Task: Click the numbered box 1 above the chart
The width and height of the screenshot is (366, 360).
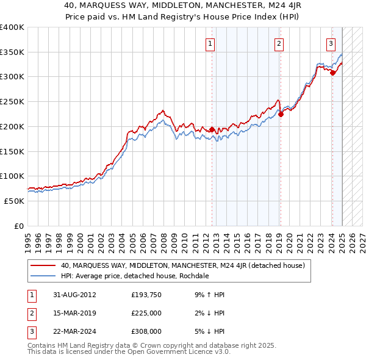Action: [210, 43]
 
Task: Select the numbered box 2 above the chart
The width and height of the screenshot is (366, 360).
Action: [279, 43]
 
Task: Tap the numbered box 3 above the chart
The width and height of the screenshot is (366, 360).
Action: [331, 43]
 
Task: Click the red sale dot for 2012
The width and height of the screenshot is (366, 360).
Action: [212, 130]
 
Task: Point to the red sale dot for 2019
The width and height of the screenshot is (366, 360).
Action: [281, 114]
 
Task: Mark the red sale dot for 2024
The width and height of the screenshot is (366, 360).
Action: [333, 73]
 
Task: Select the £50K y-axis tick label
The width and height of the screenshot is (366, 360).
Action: [15, 201]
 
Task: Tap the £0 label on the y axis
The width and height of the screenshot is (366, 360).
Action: [19, 226]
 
